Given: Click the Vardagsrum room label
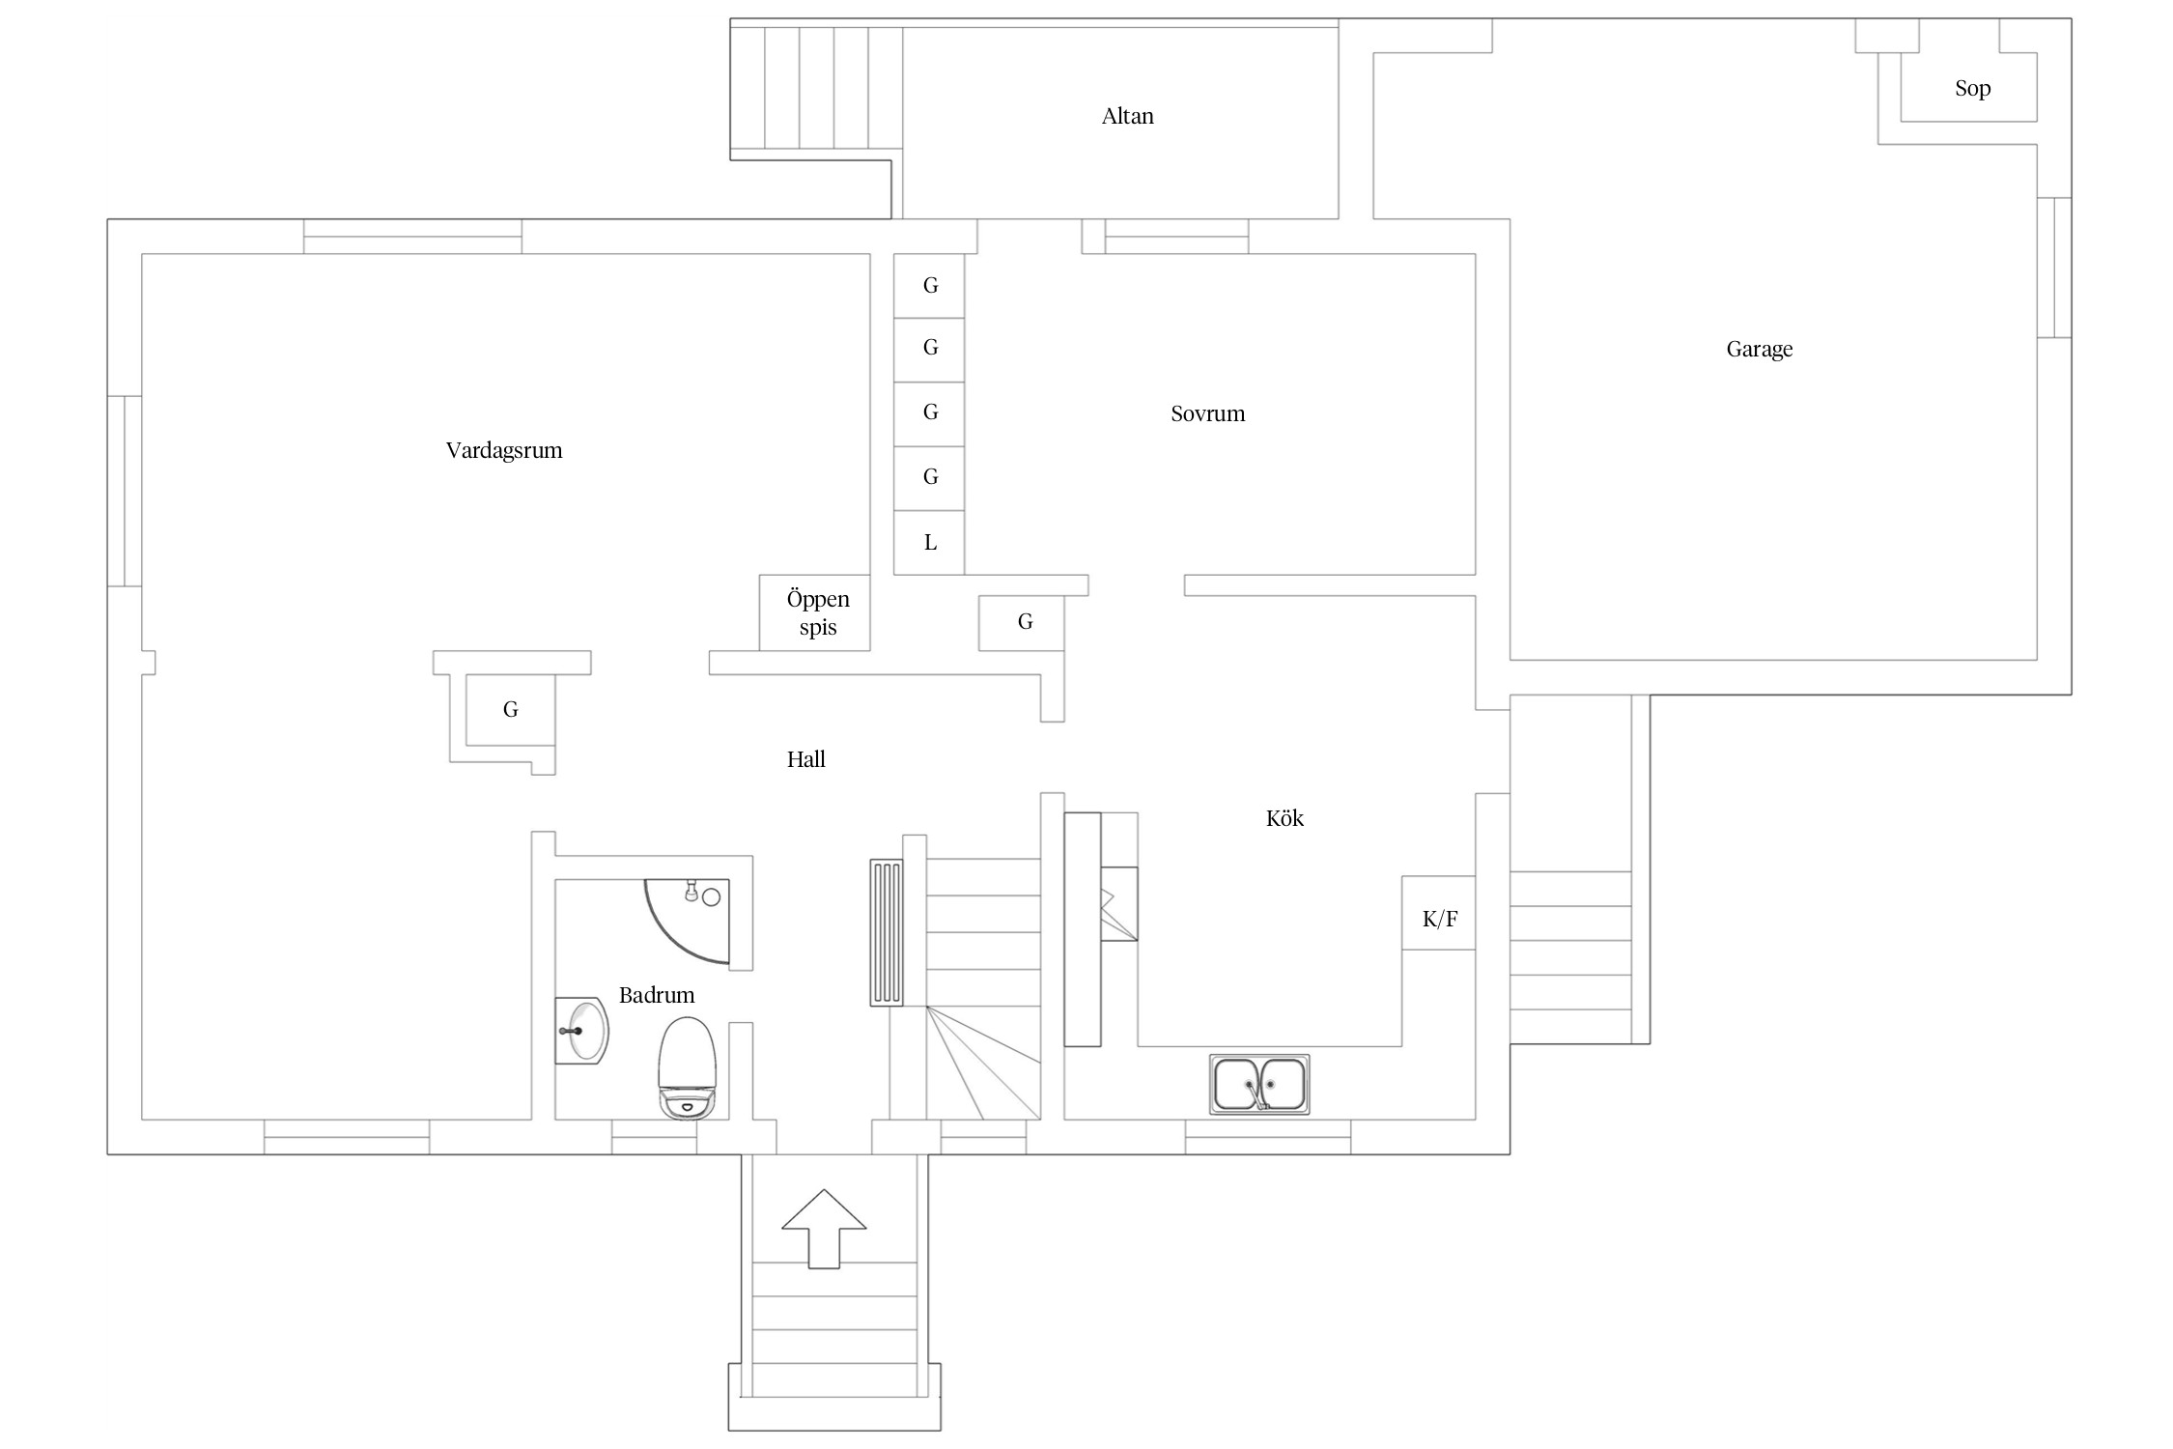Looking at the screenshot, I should coord(503,450).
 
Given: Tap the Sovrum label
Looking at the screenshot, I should coord(1207,413).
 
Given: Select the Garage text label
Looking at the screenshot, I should coord(1759,349).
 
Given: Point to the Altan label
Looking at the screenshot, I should coord(1127,116).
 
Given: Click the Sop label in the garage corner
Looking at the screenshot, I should coord(1972,88).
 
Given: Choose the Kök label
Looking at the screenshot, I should coord(1284,818).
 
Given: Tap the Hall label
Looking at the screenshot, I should coord(805,759).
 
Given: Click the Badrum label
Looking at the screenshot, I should coord(657,995).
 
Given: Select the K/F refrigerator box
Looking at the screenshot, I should coord(1439,914).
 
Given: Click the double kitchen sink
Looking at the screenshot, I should coord(1259,1084).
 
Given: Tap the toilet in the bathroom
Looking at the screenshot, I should coord(687,1066).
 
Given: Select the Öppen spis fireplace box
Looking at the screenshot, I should coord(816,612).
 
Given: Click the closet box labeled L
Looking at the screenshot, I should coord(929,542).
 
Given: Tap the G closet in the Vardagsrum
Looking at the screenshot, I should coord(511,710).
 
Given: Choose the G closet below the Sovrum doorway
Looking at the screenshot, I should coord(1023,622).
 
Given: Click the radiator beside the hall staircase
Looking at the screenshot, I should coord(886,932).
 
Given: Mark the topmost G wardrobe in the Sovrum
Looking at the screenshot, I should coord(929,286).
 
